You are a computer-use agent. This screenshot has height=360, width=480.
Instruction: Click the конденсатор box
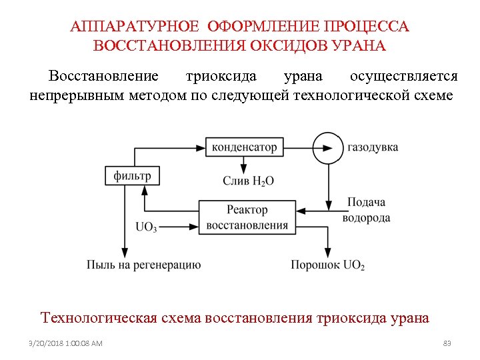click(x=244, y=147)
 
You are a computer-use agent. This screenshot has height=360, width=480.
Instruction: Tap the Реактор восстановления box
click(x=247, y=217)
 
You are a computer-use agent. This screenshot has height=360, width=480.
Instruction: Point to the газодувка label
click(x=373, y=147)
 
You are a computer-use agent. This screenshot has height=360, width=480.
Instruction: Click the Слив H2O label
click(x=248, y=181)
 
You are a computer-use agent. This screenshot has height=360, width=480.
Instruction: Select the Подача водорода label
click(x=366, y=210)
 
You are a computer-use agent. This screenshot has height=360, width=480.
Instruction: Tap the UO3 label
click(x=146, y=227)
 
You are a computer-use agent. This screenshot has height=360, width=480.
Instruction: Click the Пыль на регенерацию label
click(x=143, y=265)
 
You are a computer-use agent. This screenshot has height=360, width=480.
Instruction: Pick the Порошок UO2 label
click(x=327, y=265)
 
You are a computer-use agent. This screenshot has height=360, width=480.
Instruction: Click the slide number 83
click(x=447, y=343)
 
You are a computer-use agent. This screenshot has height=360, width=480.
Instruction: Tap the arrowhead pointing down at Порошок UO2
click(x=327, y=253)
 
